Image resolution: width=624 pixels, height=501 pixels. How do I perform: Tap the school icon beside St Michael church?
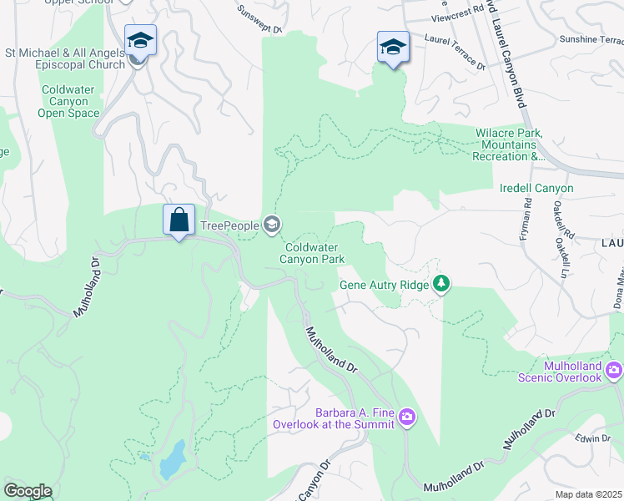coord(140,40)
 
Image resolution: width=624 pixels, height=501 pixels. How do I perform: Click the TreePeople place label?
coord(229,225)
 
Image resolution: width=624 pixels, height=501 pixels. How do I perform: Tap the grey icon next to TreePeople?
coord(271,224)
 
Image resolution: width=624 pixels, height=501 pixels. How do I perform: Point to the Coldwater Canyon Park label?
coord(315,253)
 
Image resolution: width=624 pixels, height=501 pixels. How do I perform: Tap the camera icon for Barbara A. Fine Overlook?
coord(406,417)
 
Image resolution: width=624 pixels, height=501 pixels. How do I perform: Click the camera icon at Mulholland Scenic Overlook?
coord(614,369)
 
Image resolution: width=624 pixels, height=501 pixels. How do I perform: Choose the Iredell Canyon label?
coord(536,189)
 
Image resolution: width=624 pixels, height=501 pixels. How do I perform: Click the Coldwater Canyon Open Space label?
coord(71,101)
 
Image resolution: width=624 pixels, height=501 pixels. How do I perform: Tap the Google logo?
coord(28,491)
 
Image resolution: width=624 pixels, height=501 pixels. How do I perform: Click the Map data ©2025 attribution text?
coord(588,494)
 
